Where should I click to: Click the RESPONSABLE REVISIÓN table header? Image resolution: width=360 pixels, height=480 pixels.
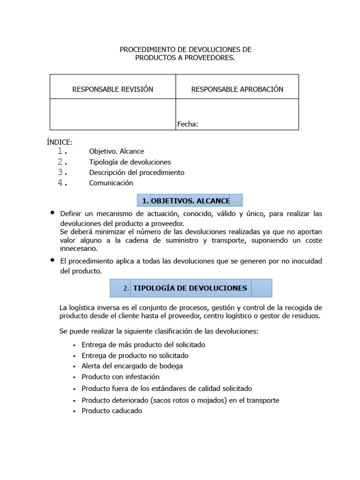[x=112, y=89]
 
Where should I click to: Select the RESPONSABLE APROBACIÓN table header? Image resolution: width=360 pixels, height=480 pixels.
[x=237, y=89]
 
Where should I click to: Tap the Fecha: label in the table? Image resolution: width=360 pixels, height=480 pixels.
[x=187, y=124]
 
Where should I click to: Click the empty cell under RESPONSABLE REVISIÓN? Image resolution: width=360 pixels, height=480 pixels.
[x=112, y=114]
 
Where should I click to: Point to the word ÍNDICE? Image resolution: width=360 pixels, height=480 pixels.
[x=60, y=142]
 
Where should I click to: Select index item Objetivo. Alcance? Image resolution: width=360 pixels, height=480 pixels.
[x=117, y=151]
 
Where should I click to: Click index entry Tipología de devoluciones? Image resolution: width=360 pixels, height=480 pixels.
[x=130, y=162]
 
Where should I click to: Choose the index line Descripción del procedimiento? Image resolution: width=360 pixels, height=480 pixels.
[x=137, y=172]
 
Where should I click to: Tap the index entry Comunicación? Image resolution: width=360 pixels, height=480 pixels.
[x=111, y=183]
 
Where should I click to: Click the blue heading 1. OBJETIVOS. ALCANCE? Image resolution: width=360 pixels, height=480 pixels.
[x=190, y=201]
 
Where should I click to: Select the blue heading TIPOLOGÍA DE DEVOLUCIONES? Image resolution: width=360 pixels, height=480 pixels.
[x=190, y=288]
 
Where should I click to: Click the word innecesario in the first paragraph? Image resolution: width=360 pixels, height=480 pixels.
[x=78, y=249]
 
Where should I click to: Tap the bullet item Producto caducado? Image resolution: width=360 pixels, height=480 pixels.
[x=112, y=411]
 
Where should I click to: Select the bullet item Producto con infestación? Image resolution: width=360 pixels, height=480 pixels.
[x=120, y=377]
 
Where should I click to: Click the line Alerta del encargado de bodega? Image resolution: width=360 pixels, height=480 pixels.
[x=132, y=366]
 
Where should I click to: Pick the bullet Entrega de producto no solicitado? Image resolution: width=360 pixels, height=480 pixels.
[x=135, y=355]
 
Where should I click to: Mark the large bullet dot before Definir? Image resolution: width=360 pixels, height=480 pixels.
[x=52, y=213]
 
